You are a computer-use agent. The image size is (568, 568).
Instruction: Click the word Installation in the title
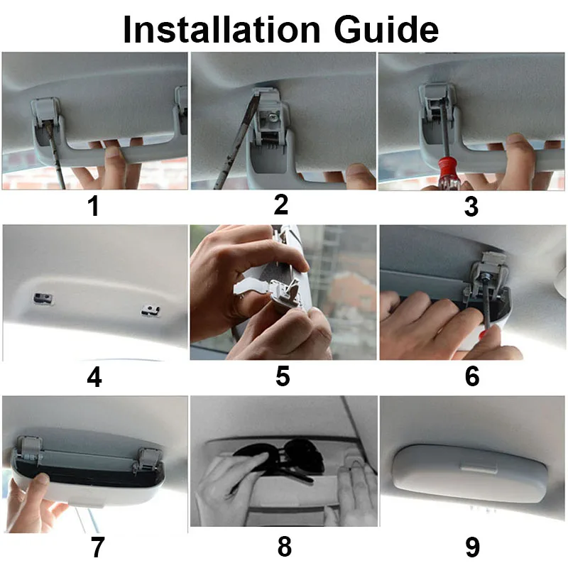(222, 30)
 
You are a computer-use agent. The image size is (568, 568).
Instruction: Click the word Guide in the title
(386, 30)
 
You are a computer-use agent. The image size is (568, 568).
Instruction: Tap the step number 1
(94, 206)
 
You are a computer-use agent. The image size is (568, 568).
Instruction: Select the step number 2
(281, 204)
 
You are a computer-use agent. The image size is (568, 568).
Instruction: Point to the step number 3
(471, 207)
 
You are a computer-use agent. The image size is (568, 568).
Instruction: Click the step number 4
(94, 378)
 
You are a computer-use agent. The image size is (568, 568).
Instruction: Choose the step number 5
(283, 376)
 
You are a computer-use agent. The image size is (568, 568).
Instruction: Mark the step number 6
(472, 376)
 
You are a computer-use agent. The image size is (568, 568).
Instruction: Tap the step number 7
(97, 547)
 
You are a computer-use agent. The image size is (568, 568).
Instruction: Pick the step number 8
(285, 546)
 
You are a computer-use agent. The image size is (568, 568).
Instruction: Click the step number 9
(472, 547)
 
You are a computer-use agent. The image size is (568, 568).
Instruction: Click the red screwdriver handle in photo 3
(445, 173)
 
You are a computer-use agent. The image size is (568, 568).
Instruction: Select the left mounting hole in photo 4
(43, 298)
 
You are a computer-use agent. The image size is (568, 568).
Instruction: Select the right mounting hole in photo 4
(151, 310)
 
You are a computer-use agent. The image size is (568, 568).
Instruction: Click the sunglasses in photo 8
(280, 457)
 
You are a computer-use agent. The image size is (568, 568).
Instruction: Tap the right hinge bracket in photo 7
(148, 459)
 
